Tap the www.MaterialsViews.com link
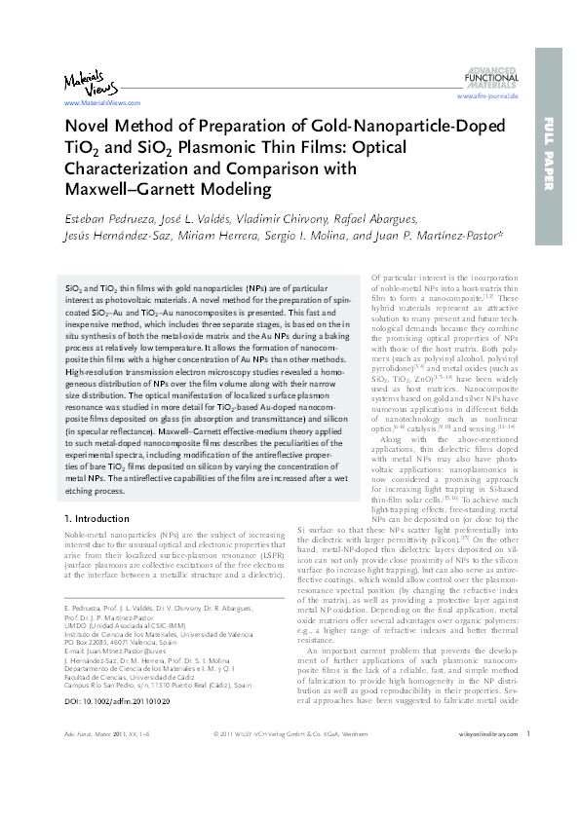(x=96, y=101)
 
